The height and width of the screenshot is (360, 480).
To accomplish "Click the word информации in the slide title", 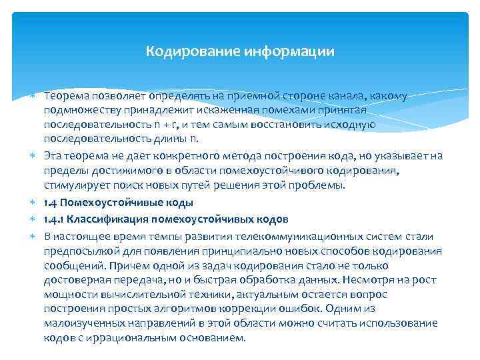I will click(295, 51).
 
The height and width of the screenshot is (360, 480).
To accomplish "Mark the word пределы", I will click(63, 170).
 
